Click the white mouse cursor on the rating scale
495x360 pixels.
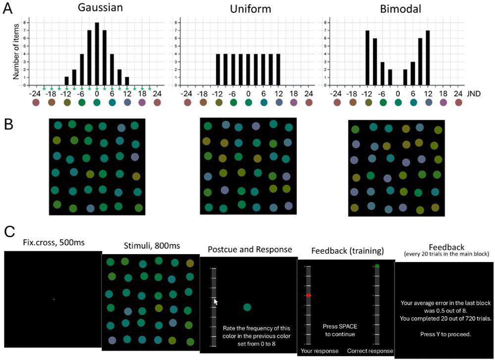point(215,301)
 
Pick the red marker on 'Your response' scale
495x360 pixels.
point(308,295)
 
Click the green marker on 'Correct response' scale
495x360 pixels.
point(377,267)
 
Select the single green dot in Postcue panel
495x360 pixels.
point(247,307)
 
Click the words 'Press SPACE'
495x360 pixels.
point(341,326)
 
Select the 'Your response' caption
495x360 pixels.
point(319,351)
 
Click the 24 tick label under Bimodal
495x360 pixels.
point(458,92)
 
